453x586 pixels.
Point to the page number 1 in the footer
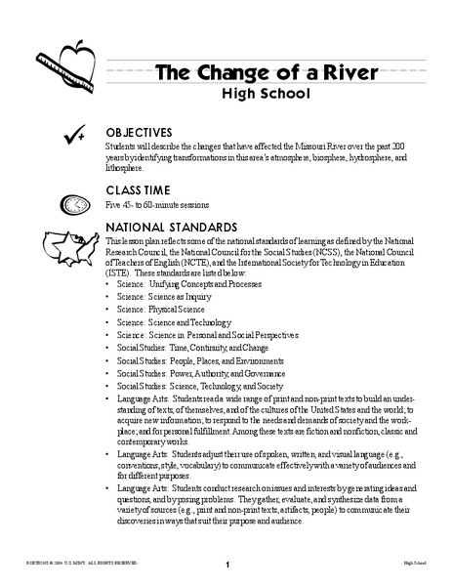click(x=226, y=564)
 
